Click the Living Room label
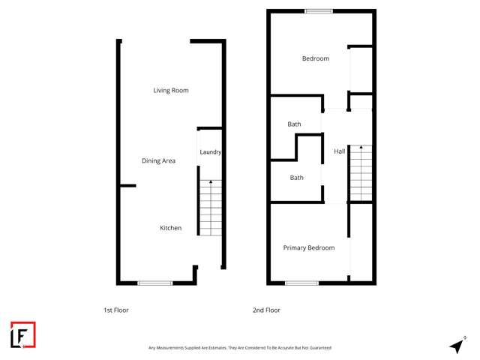(170, 91)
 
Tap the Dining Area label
(158, 160)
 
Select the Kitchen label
(170, 228)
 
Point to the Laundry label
(210, 152)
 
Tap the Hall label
(339, 151)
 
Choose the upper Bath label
(295, 124)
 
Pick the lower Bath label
(297, 178)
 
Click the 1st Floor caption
(116, 310)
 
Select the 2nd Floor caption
(266, 310)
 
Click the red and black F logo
(22, 335)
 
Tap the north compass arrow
(457, 345)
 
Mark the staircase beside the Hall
(361, 173)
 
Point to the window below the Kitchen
(155, 283)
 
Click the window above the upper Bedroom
(319, 10)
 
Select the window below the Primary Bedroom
(301, 283)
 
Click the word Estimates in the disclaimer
(215, 348)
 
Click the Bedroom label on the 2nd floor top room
(315, 58)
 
